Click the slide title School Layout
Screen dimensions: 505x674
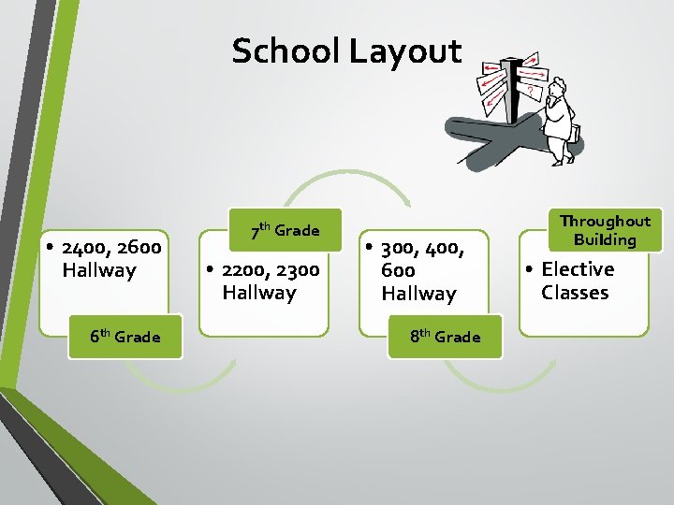(346, 51)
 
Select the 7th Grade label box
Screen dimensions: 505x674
(286, 230)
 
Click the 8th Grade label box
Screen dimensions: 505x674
(445, 337)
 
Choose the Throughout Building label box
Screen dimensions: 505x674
(605, 230)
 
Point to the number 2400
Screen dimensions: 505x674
(85, 248)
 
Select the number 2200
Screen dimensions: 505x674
(246, 270)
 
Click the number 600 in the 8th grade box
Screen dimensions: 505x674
(398, 270)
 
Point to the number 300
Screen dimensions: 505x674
(401, 249)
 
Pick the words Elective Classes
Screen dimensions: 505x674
(577, 281)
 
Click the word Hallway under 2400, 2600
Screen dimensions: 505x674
(99, 271)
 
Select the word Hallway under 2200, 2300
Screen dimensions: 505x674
(259, 294)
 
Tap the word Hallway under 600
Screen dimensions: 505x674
(418, 294)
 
